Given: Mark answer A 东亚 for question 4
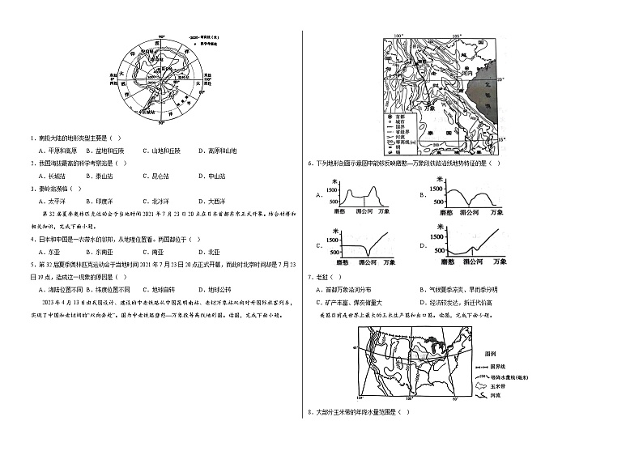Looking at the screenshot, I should click(52, 251).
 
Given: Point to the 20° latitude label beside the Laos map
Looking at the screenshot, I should click(500, 79).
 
